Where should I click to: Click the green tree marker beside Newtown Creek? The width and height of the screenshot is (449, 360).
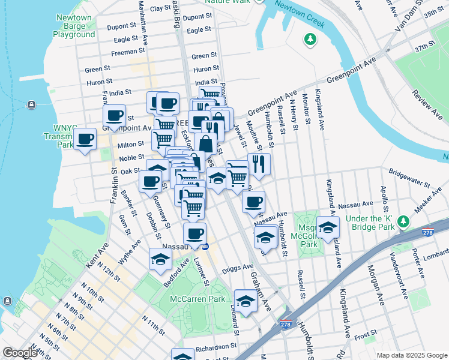click(x=310, y=40)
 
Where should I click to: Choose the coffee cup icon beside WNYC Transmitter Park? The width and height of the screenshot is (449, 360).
click(x=85, y=140)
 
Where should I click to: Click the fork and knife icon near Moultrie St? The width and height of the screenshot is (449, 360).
click(x=259, y=164)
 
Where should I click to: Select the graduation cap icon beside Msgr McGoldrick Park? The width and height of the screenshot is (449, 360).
click(x=328, y=228)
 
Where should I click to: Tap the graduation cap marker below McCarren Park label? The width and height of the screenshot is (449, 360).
click(x=245, y=302)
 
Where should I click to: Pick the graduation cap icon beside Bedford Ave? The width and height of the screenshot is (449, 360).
click(x=160, y=259)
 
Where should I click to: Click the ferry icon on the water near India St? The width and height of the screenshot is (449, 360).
click(x=30, y=106)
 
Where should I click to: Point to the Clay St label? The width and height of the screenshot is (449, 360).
click(x=160, y=8)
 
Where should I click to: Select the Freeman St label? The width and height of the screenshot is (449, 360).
click(x=125, y=52)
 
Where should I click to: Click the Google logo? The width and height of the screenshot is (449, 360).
click(x=20, y=353)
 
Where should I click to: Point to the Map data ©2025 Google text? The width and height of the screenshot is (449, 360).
click(x=411, y=355)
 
